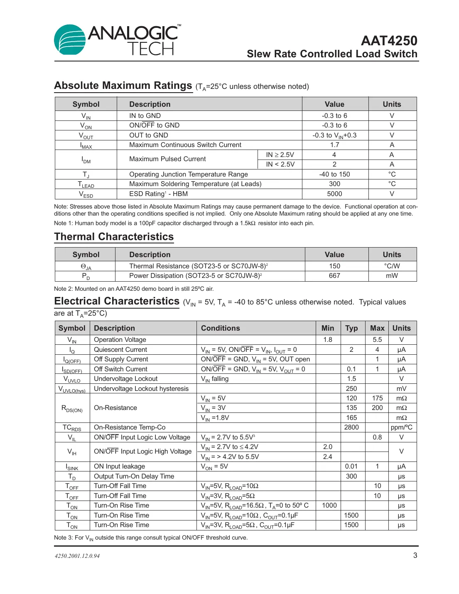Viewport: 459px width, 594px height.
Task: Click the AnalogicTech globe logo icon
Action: pos(69,40)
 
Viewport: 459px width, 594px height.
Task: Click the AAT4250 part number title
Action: pos(389,41)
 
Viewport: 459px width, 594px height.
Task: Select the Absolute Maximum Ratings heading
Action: pos(123,86)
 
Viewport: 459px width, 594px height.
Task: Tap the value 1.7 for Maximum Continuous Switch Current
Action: pos(334,145)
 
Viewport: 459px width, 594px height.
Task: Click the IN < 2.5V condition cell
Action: pos(280,164)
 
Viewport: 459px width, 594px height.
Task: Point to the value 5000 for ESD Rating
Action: pos(334,194)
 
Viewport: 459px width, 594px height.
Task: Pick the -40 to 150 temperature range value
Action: pos(334,174)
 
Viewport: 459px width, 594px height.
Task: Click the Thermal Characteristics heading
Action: pos(114,237)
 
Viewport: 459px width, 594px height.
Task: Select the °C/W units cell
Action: pos(392,266)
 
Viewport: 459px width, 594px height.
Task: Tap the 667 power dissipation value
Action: pos(334,276)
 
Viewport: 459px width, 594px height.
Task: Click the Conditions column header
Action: pos(220,328)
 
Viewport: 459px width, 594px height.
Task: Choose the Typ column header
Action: pos(351,328)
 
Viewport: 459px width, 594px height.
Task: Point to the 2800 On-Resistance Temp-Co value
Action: pos(351,427)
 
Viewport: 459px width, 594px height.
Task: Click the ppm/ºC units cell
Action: pos(401,427)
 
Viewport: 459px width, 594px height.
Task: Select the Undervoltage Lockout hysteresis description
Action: pos(141,389)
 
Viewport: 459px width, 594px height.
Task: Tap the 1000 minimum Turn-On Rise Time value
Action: pos(329,506)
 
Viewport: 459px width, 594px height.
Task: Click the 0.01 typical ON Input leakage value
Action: pos(351,466)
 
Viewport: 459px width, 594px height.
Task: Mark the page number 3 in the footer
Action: pos(415,555)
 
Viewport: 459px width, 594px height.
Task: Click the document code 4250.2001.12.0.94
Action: pos(77,556)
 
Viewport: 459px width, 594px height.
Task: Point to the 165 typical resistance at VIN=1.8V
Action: pos(351,418)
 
